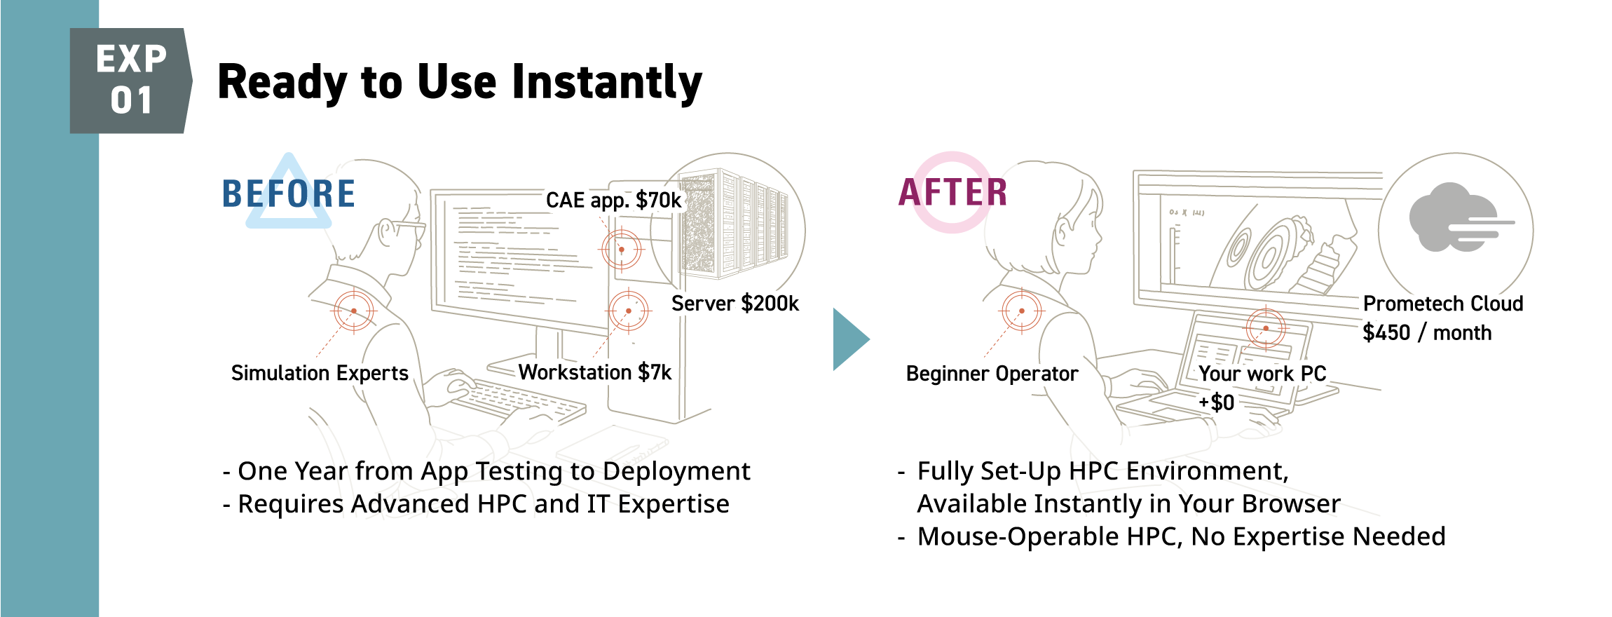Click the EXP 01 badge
[130, 80]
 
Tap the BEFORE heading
[289, 194]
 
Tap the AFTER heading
[953, 192]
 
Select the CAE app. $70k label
[613, 201]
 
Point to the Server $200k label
[735, 304]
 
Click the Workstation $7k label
[594, 372]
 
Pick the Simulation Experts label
[320, 373]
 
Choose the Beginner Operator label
[992, 374]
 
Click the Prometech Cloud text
[1442, 304]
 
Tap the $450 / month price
[1426, 332]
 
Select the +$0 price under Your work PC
[1217, 402]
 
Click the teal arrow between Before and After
[850, 339]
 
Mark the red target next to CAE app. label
[622, 249]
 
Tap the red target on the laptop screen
[1266, 328]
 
